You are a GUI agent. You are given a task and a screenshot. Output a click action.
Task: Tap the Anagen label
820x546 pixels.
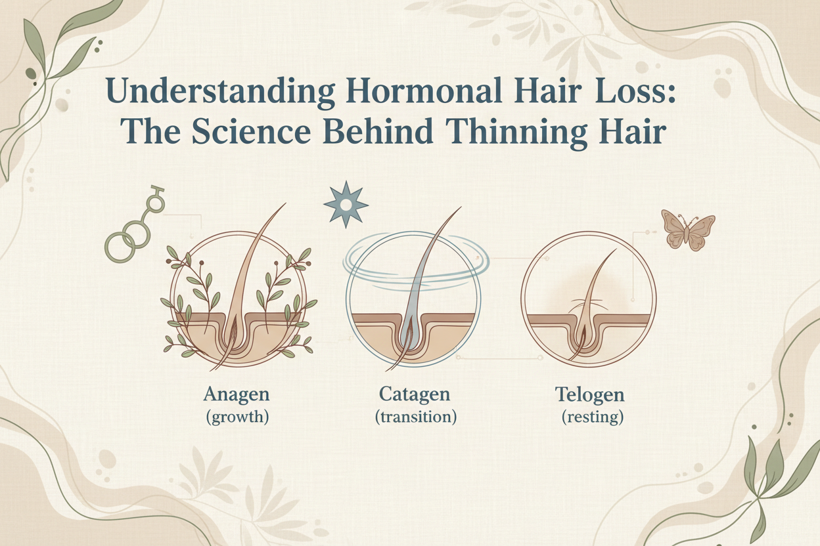point(237,395)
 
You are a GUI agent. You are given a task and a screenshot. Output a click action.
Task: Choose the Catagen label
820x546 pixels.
point(414,395)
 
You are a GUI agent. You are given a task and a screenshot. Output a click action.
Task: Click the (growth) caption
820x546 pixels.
point(237,417)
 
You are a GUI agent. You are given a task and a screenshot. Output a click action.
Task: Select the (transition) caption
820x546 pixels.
point(415,417)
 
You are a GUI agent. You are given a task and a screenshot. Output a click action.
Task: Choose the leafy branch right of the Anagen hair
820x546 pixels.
point(283,295)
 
